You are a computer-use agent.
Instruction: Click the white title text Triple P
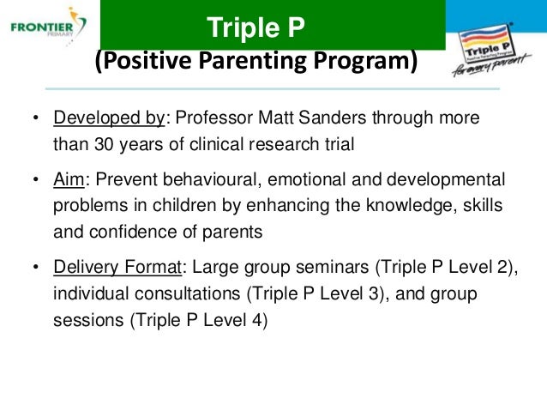255,27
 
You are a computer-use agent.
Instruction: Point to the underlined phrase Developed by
109,118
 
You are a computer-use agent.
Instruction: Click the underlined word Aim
69,179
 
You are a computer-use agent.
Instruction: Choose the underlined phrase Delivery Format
117,267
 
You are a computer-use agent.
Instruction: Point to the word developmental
446,179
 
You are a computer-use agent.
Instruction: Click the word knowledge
412,205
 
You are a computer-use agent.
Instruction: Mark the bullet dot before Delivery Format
35,267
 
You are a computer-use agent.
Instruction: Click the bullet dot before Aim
35,179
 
